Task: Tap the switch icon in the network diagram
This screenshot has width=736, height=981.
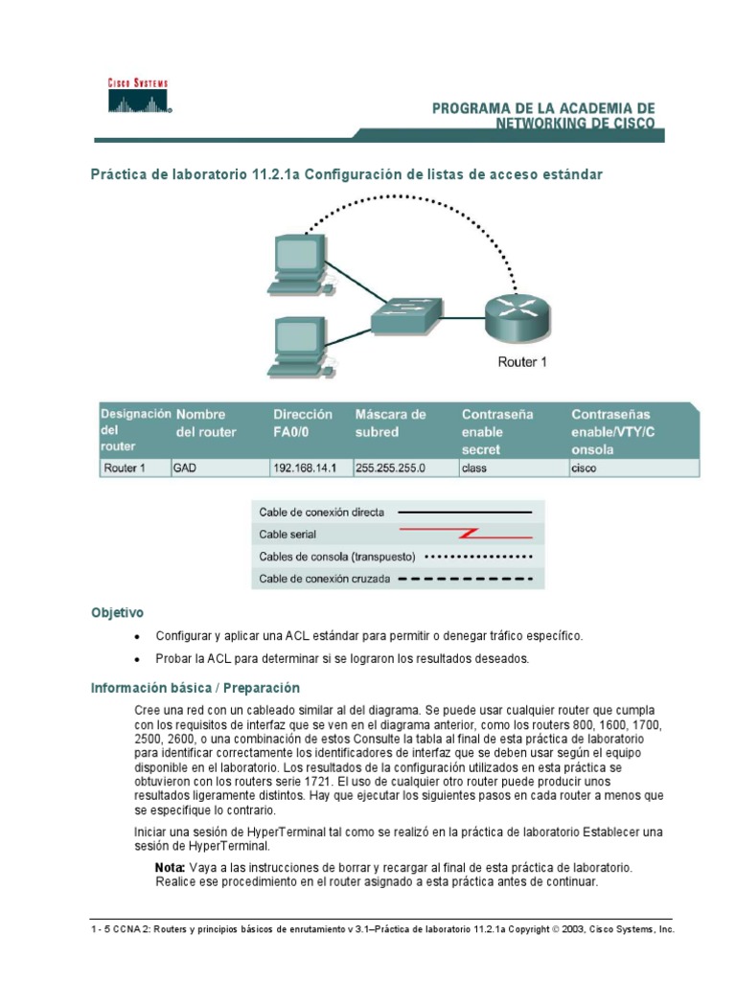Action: [407, 312]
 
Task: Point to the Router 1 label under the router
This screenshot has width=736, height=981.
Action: [522, 362]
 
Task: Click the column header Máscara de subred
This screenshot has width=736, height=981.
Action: [391, 423]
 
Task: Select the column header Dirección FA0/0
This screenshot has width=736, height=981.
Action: [303, 423]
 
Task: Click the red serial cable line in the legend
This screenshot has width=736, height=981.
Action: [464, 534]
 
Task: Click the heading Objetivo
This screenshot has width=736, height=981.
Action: [117, 612]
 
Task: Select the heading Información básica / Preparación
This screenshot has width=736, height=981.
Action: [195, 688]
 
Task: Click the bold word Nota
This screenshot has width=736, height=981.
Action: [170, 867]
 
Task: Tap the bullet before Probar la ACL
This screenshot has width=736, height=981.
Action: [138, 660]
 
